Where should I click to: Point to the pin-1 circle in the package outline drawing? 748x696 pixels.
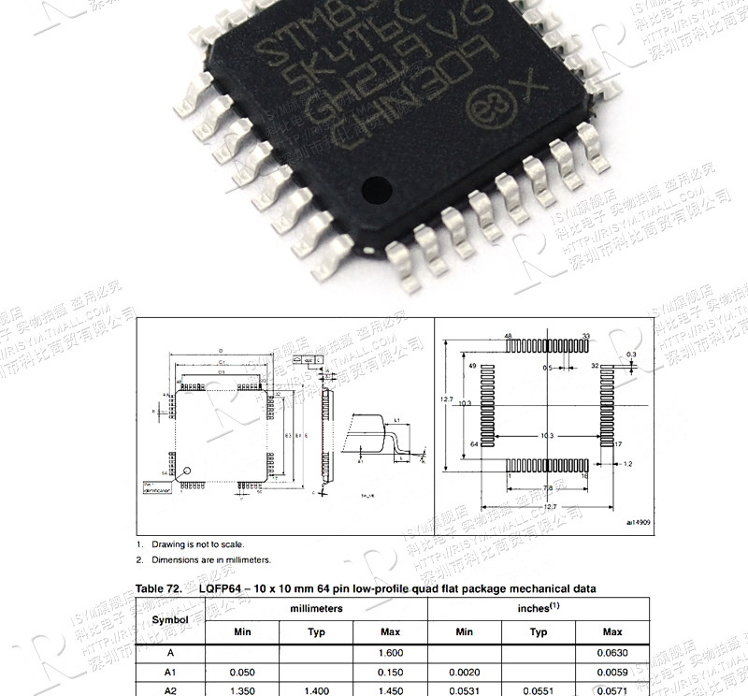[186, 471]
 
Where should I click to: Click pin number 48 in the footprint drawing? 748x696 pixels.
[509, 335]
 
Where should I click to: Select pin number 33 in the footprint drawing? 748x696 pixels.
[586, 335]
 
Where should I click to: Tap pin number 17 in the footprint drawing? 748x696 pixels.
[618, 442]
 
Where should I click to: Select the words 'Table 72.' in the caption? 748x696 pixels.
[158, 588]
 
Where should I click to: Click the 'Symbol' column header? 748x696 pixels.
[170, 619]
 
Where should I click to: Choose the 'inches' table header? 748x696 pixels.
[539, 608]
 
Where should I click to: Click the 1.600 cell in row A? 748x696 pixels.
[391, 653]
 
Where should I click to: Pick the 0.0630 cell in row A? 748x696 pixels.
[612, 653]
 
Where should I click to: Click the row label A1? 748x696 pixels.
[170, 671]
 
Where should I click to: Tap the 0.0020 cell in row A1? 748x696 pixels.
[464, 671]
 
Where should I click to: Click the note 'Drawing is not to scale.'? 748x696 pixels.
[197, 544]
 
